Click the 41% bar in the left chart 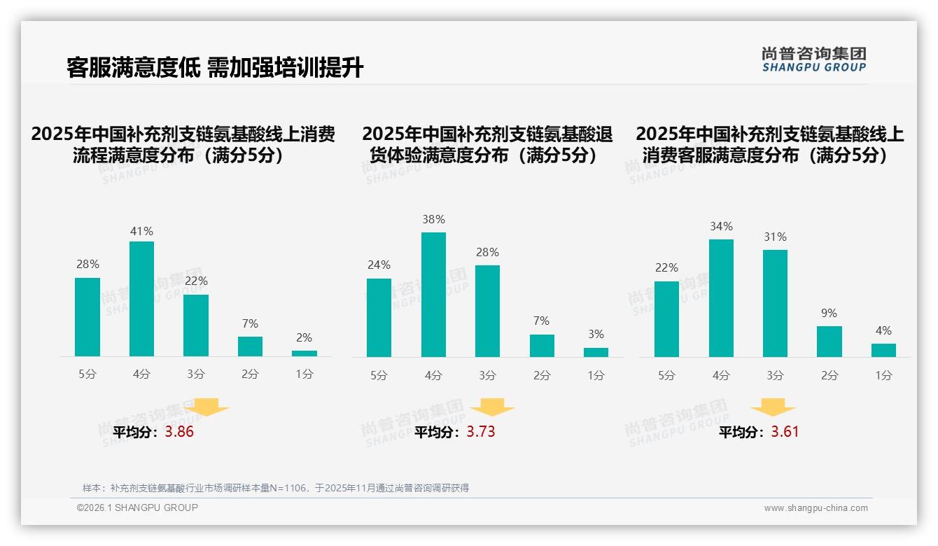tap(141, 299)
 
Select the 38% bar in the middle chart tap(433, 294)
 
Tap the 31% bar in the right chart tap(775, 303)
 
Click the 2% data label tap(304, 337)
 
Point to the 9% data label tap(829, 313)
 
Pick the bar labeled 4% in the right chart tap(883, 350)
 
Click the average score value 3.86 tap(179, 432)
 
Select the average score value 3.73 tap(481, 432)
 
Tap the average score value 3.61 tap(785, 432)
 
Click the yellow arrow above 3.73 tap(492, 407)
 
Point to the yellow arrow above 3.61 tap(773, 407)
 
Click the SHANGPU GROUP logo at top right tap(813, 59)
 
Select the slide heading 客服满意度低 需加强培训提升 tap(215, 68)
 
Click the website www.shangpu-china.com tap(815, 508)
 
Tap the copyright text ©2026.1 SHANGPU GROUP tap(137, 507)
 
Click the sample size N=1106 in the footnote tap(287, 488)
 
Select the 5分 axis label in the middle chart tap(379, 376)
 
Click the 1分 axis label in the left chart tap(304, 374)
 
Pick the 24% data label tap(379, 265)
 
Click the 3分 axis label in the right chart tap(775, 376)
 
